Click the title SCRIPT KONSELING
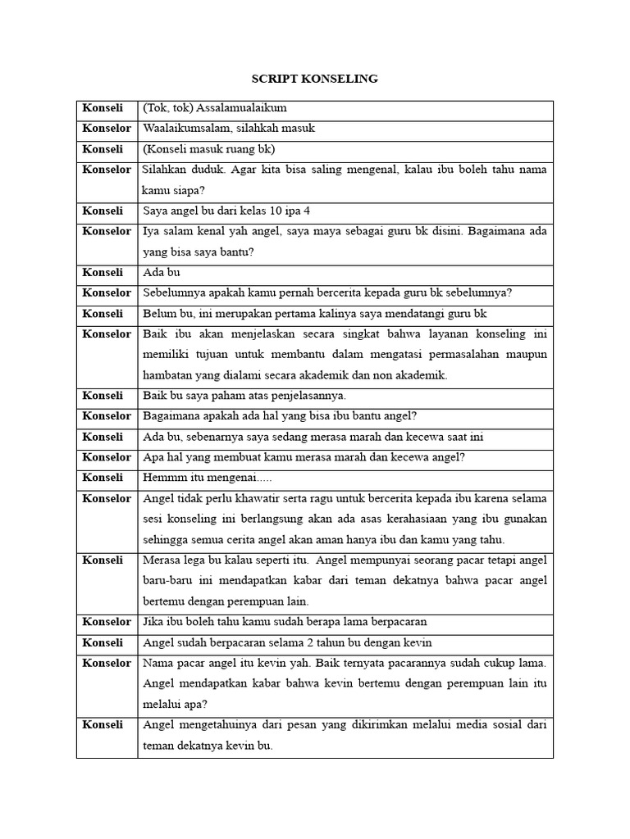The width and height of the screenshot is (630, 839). point(314,79)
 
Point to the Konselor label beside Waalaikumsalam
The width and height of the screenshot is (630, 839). point(107,129)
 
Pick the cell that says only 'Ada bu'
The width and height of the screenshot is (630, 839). point(162,272)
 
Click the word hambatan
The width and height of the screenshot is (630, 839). point(167,375)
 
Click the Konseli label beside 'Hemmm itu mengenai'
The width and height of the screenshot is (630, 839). point(103,478)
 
